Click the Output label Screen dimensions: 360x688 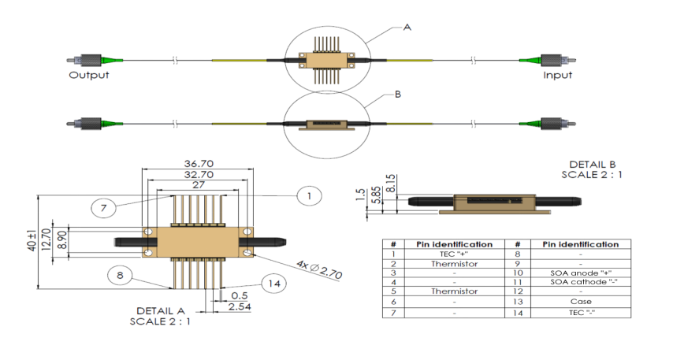(88, 76)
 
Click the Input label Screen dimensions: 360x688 (557, 76)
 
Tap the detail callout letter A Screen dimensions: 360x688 (407, 27)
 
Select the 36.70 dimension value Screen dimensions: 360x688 (199, 163)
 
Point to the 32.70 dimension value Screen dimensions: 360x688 (199, 173)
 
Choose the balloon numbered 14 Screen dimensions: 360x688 (273, 284)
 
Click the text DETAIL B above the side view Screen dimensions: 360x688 (584, 164)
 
